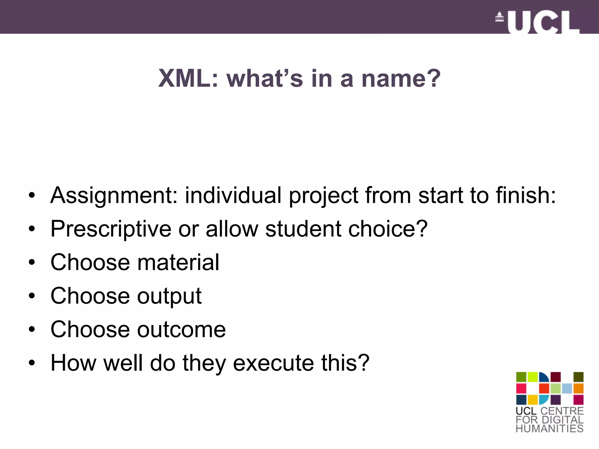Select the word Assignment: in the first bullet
tap(114, 195)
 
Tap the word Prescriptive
tap(111, 229)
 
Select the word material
tap(178, 262)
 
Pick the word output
tap(169, 296)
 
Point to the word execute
tap(273, 363)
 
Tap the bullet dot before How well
tap(32, 363)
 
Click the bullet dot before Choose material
tap(32, 262)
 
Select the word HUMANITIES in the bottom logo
tap(550, 428)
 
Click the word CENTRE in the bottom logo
tap(562, 411)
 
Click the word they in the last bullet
tap(204, 363)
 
